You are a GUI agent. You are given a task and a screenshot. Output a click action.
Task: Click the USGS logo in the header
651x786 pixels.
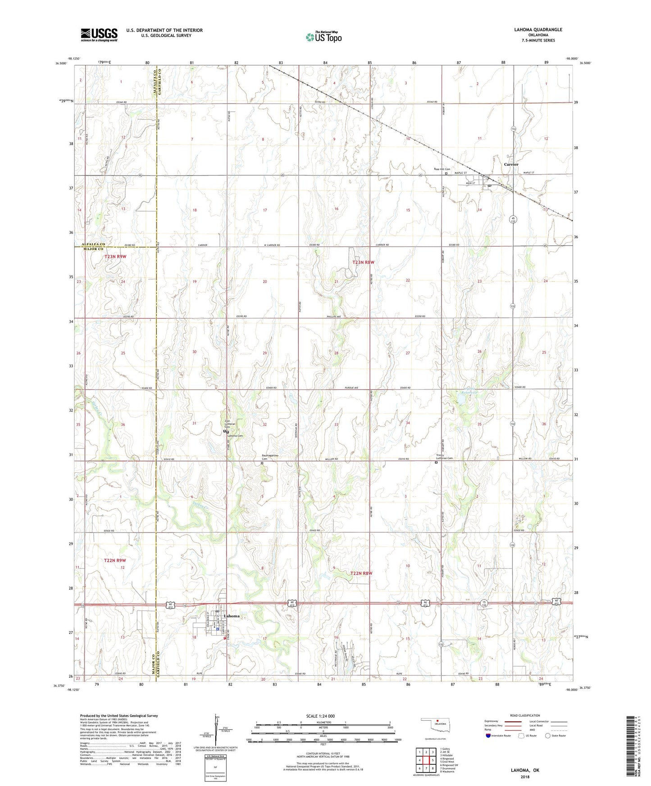pyautogui.click(x=99, y=34)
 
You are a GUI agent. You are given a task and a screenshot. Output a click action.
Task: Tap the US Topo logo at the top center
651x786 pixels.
pyautogui.click(x=323, y=37)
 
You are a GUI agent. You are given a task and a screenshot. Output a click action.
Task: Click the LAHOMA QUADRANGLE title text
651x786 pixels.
pyautogui.click(x=538, y=30)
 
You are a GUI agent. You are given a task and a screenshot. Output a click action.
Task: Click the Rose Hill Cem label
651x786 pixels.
pyautogui.click(x=442, y=169)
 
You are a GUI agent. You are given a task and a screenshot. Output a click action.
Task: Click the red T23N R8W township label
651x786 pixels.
pyautogui.click(x=364, y=262)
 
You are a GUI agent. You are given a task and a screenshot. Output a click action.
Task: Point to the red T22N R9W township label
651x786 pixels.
pyautogui.click(x=115, y=560)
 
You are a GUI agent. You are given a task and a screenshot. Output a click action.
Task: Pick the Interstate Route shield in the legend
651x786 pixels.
pyautogui.click(x=489, y=736)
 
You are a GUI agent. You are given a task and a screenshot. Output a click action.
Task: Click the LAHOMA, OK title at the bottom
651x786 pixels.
pyautogui.click(x=524, y=770)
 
